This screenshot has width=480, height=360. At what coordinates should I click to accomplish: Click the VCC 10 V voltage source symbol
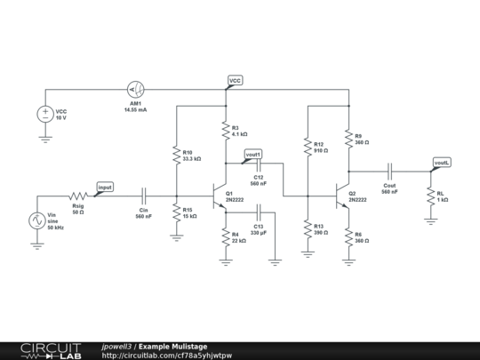(x=45, y=115)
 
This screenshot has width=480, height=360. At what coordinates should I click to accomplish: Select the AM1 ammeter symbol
(x=137, y=90)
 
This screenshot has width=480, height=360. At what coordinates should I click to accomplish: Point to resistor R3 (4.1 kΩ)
(x=225, y=131)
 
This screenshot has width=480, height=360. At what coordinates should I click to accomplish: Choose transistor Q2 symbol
(x=342, y=196)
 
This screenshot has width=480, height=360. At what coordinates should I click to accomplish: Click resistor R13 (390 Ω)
(x=308, y=228)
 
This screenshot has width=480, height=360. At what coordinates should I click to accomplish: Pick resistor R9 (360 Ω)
(x=348, y=139)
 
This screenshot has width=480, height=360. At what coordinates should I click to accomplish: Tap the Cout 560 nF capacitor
(x=389, y=171)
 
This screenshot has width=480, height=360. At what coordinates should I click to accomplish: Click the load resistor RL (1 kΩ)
(x=430, y=196)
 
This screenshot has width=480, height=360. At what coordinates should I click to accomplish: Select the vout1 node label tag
(x=252, y=152)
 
